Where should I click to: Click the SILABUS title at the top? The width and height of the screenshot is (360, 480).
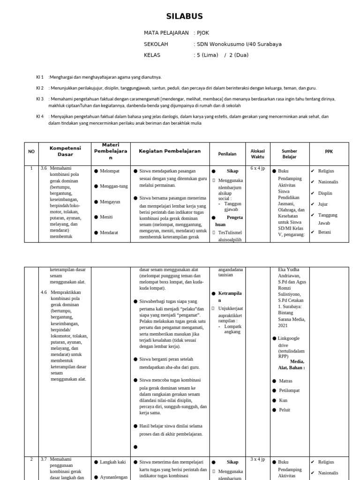click(x=185, y=16)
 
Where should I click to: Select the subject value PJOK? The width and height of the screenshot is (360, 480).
click(x=204, y=33)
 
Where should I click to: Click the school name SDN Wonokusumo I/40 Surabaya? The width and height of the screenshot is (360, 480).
click(x=239, y=44)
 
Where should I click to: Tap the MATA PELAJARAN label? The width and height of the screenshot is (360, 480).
click(x=166, y=33)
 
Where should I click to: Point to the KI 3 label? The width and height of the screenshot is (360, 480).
click(x=40, y=99)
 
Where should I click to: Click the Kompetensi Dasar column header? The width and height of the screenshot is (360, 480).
click(x=65, y=151)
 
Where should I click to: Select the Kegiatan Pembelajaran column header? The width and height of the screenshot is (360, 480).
click(x=169, y=151)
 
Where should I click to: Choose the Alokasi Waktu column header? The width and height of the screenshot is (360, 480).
click(x=258, y=154)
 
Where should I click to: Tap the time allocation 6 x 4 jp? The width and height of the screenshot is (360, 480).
click(x=258, y=168)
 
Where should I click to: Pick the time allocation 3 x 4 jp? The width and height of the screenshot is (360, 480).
click(x=258, y=459)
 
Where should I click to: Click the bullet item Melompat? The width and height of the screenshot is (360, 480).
click(x=110, y=171)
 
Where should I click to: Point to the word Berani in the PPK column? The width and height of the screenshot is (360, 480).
click(x=325, y=232)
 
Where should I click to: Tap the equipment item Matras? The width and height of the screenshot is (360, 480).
click(x=285, y=381)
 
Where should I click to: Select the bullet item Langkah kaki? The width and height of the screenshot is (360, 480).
click(x=112, y=462)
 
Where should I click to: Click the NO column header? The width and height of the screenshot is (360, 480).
click(x=31, y=151)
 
